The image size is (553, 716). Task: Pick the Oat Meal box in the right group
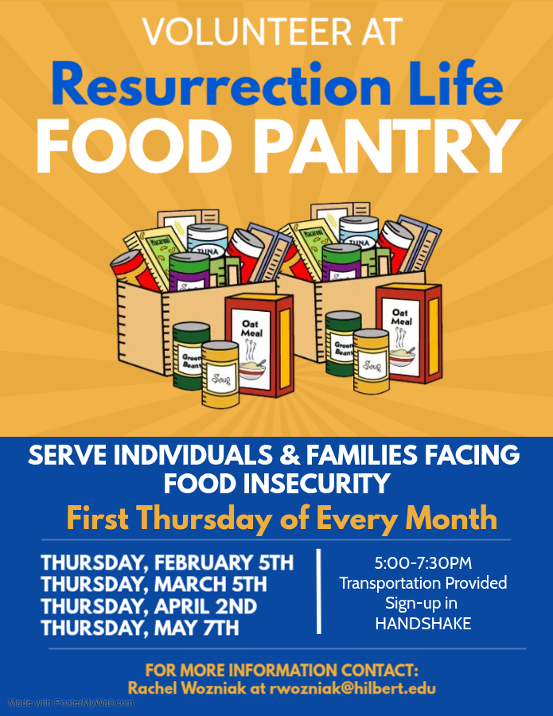pos(409,333)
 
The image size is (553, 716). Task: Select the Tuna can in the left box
pos(208,243)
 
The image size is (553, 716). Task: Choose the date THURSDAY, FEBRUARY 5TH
pos(167,564)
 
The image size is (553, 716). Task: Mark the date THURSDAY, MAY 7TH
pos(140,628)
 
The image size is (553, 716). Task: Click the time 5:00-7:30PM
pos(423,564)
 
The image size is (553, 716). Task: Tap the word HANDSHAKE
pos(423,625)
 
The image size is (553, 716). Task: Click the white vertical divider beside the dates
pos(319,591)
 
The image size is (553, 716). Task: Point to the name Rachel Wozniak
pos(182,688)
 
